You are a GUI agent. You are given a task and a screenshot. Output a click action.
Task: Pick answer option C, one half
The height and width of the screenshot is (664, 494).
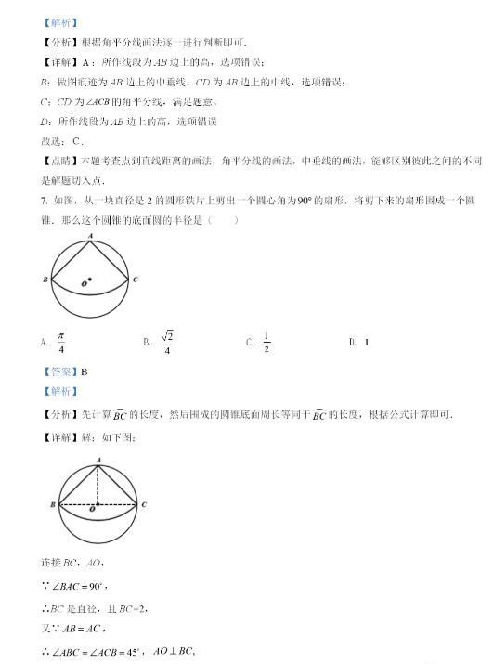[266, 342]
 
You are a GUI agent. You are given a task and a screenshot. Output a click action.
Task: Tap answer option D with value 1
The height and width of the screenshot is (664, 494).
[366, 343]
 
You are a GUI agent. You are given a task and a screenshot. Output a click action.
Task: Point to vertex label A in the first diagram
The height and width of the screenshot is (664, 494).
[90, 237]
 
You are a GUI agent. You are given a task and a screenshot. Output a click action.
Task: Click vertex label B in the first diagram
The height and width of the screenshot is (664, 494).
[45, 280]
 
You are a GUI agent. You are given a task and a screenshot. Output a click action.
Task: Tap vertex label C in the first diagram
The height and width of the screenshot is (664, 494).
[136, 280]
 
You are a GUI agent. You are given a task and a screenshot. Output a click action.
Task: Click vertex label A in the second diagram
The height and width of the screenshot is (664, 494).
[98, 461]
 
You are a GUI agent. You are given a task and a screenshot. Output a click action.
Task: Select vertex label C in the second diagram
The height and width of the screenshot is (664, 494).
[144, 504]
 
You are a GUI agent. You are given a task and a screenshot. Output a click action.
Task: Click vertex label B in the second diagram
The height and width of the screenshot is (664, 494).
[53, 504]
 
